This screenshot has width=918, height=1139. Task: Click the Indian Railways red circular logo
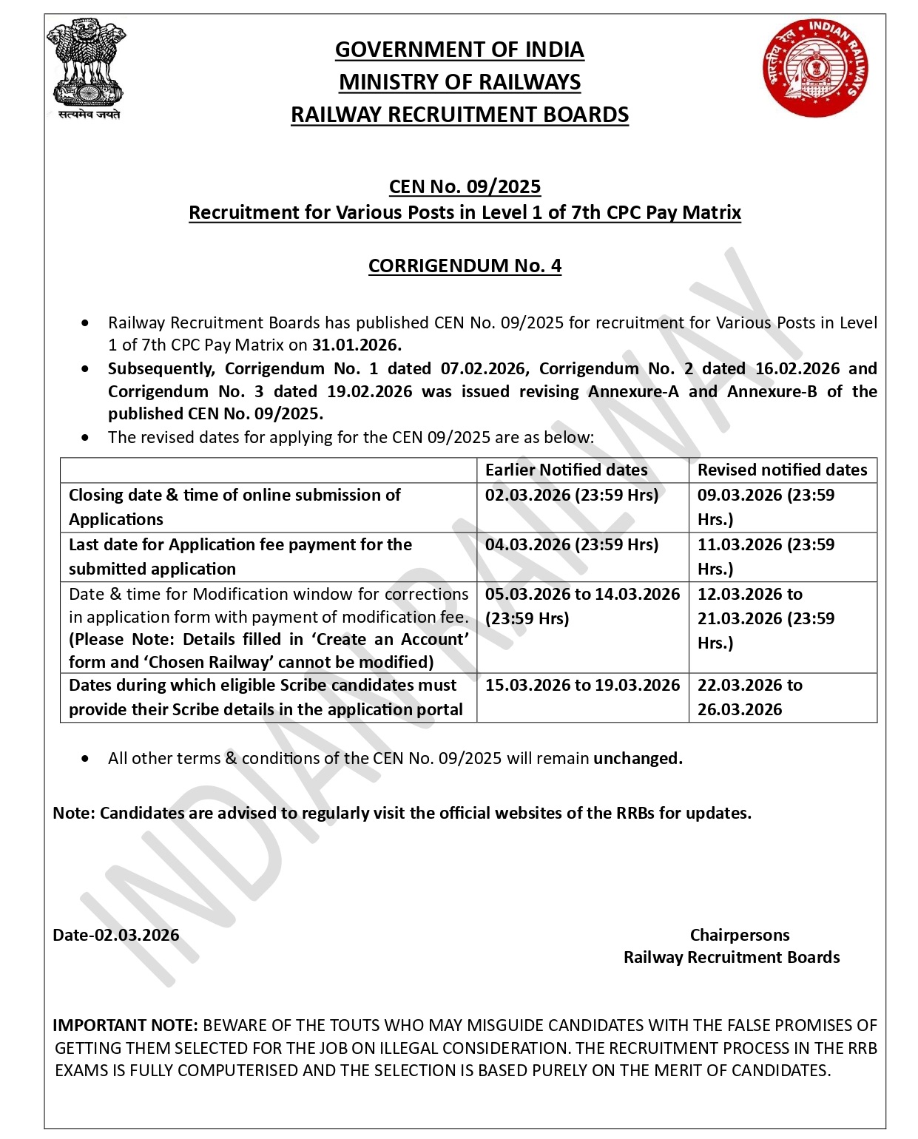tap(815, 67)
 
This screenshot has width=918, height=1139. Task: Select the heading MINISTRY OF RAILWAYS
tap(459, 82)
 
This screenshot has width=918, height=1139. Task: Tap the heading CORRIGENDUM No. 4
tap(465, 266)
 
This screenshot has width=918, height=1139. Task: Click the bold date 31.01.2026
tap(357, 345)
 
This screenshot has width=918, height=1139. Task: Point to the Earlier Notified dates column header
tap(566, 470)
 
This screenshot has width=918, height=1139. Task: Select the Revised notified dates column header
tap(782, 470)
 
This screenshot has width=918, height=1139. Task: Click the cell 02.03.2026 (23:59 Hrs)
tap(571, 496)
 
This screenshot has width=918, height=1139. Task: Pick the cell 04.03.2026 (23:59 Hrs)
tap(571, 545)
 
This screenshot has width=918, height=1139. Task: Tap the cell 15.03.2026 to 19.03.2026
tap(582, 686)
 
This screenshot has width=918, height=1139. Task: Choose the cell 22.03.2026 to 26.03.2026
tap(749, 697)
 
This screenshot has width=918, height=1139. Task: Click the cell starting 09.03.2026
tap(766, 507)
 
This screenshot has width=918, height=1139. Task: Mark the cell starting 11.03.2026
tap(766, 556)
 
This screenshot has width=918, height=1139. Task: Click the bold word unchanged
tap(638, 759)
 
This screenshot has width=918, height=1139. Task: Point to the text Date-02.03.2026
tap(116, 935)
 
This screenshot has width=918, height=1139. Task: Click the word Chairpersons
tap(740, 935)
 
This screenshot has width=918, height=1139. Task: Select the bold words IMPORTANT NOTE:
tap(125, 1026)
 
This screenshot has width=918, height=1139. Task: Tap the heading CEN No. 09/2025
tap(465, 186)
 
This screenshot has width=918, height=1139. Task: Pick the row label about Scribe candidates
tap(266, 697)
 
